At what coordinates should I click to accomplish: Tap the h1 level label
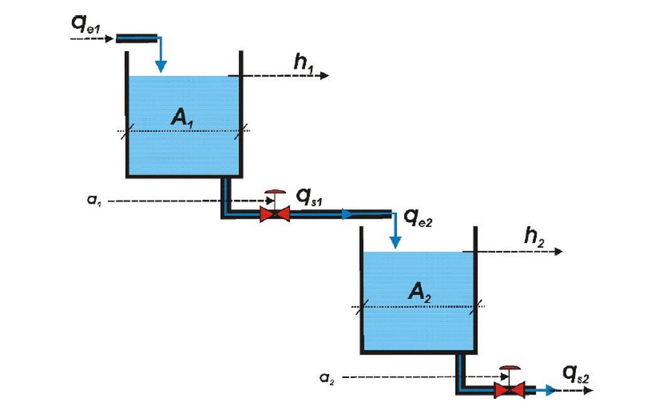(x=304, y=63)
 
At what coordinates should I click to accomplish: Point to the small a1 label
(x=94, y=200)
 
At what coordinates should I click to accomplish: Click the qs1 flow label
(x=309, y=197)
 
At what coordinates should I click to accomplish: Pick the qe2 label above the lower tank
(x=419, y=218)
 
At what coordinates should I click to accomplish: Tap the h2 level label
(x=534, y=237)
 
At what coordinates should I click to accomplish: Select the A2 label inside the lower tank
(x=420, y=293)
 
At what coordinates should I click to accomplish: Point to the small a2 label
(x=327, y=378)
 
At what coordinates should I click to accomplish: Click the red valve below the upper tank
(x=275, y=214)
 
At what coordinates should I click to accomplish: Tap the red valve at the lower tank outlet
(x=510, y=389)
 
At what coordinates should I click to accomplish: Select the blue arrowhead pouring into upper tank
(x=161, y=66)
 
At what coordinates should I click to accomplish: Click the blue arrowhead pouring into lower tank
(x=395, y=242)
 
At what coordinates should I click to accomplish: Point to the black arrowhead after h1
(x=325, y=76)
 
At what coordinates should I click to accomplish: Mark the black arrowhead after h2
(x=558, y=251)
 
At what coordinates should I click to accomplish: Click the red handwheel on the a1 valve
(x=275, y=193)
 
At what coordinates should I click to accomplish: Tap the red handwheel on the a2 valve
(x=510, y=368)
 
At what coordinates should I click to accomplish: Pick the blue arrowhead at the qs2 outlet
(x=550, y=390)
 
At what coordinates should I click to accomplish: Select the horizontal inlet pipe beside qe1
(x=137, y=39)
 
